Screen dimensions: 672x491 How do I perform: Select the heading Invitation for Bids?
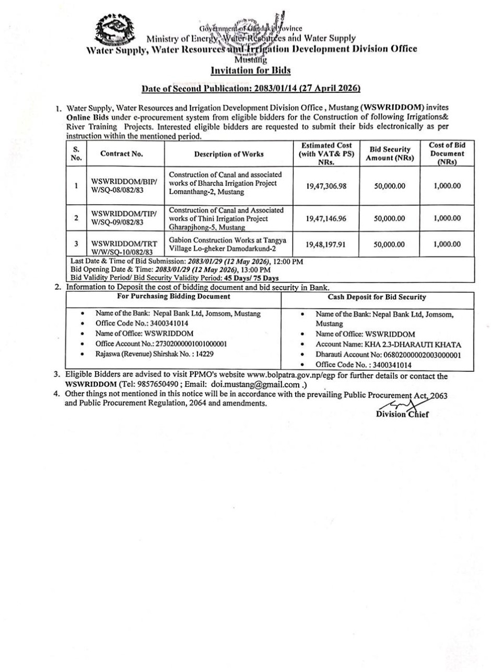point(250,70)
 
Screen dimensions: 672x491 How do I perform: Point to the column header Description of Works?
point(229,154)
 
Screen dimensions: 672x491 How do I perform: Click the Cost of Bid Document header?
point(447,154)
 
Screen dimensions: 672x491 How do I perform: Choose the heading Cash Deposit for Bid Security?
point(377,297)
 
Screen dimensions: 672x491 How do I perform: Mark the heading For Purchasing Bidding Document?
point(174,296)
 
